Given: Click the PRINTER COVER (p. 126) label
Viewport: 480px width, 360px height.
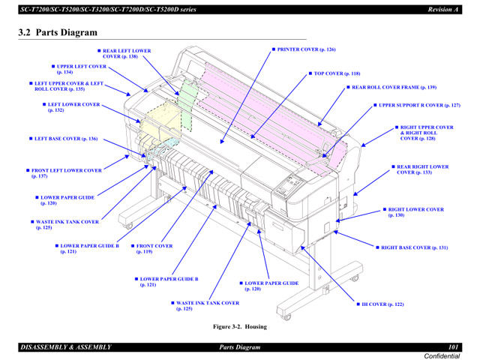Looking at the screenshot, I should tap(307, 49).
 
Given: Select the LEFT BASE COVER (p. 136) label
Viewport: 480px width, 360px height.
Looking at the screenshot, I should tap(66, 139).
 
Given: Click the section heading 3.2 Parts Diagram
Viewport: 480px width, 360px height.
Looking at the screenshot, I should tap(58, 33).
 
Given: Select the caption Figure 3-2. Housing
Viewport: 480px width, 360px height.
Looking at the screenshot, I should tap(239, 326).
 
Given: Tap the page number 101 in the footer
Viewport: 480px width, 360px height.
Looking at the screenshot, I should tap(453, 346).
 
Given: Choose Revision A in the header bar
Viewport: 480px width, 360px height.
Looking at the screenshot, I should tap(443, 10).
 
